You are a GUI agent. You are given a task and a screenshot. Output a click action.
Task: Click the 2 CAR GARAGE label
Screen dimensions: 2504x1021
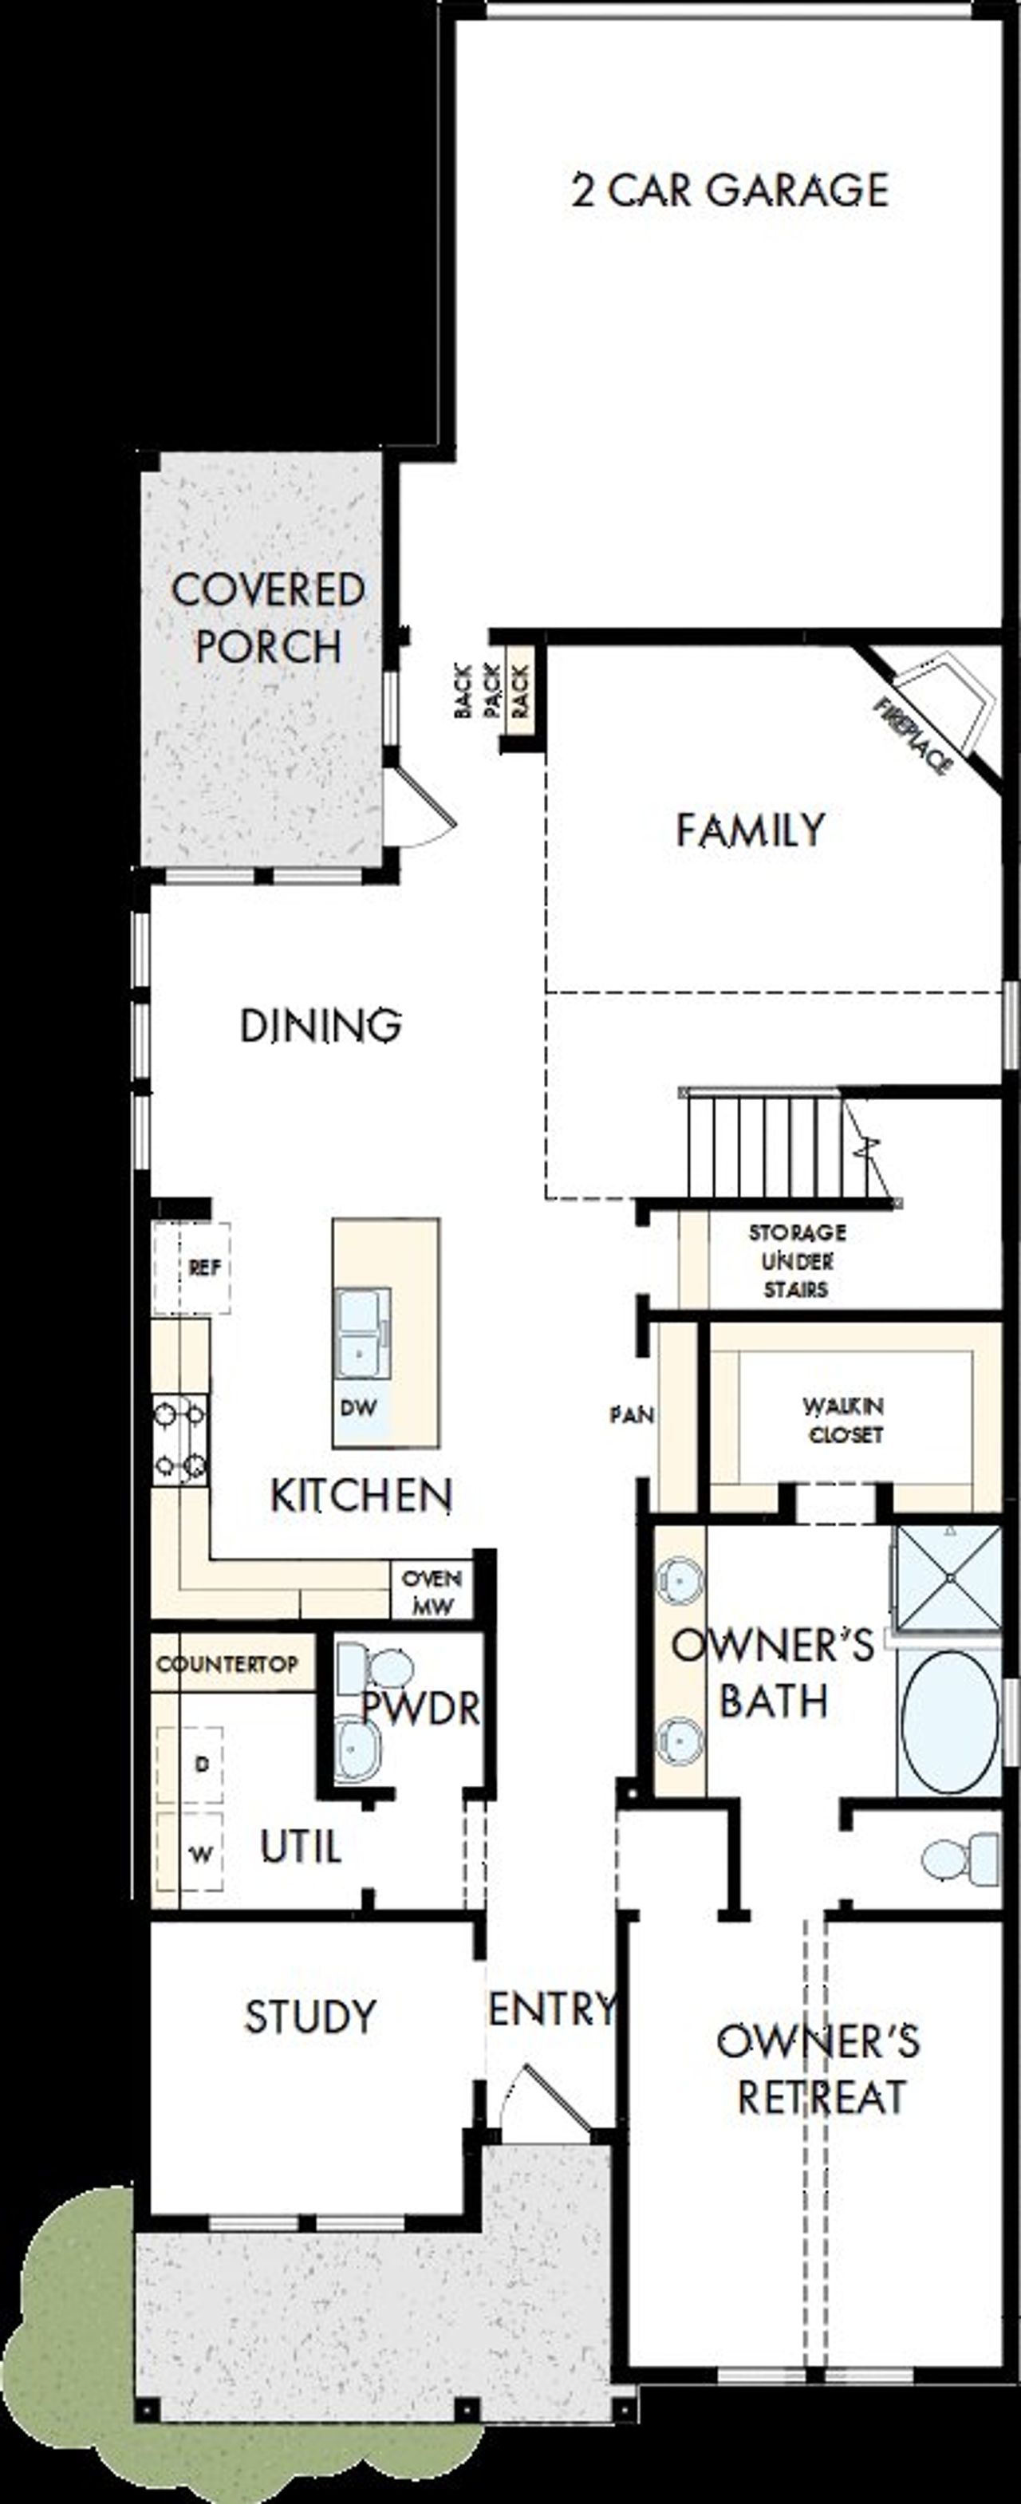[729, 191]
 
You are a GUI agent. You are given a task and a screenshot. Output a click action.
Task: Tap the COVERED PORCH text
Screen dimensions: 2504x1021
[268, 618]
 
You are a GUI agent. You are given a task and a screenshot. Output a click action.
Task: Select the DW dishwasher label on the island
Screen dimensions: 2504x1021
[359, 1407]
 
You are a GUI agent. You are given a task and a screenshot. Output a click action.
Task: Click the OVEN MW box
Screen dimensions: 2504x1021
[432, 1592]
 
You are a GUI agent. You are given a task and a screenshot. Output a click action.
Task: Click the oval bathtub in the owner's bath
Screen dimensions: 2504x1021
[949, 1722]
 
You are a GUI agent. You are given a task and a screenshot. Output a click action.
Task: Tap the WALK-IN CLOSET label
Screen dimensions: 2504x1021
[843, 1420]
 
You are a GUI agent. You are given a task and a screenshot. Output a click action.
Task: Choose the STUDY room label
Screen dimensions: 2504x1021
[310, 2017]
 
